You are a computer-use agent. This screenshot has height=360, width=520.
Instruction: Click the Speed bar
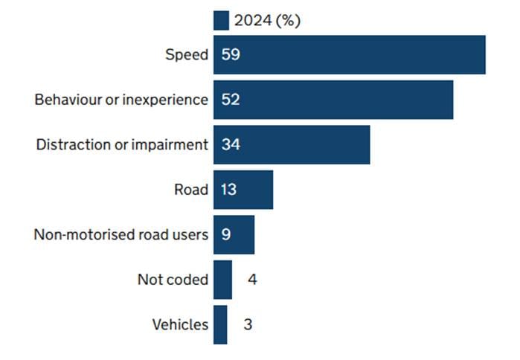click(350, 55)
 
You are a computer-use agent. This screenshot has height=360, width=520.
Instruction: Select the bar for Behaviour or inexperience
click(333, 100)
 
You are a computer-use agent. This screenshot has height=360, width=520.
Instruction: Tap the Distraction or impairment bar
click(292, 144)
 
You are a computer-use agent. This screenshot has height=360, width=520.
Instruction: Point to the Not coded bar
click(222, 280)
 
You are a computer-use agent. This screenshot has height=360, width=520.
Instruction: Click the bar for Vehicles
click(220, 325)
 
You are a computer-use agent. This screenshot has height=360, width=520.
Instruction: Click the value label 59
click(230, 55)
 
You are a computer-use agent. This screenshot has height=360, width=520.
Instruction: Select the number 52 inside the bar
click(230, 100)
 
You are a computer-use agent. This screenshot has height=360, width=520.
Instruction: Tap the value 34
click(230, 144)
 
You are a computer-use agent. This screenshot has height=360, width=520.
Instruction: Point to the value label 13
click(228, 190)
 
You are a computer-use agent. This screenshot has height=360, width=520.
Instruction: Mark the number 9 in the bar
click(225, 235)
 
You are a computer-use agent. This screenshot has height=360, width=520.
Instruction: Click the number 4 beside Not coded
click(253, 280)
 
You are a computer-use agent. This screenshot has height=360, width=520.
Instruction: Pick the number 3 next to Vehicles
click(248, 325)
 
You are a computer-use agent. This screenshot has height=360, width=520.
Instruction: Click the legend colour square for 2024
click(221, 21)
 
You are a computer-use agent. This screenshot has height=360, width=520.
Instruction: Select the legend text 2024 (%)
click(267, 21)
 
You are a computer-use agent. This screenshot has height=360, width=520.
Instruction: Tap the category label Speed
click(186, 55)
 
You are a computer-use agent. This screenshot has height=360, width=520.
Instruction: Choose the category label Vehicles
click(180, 325)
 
